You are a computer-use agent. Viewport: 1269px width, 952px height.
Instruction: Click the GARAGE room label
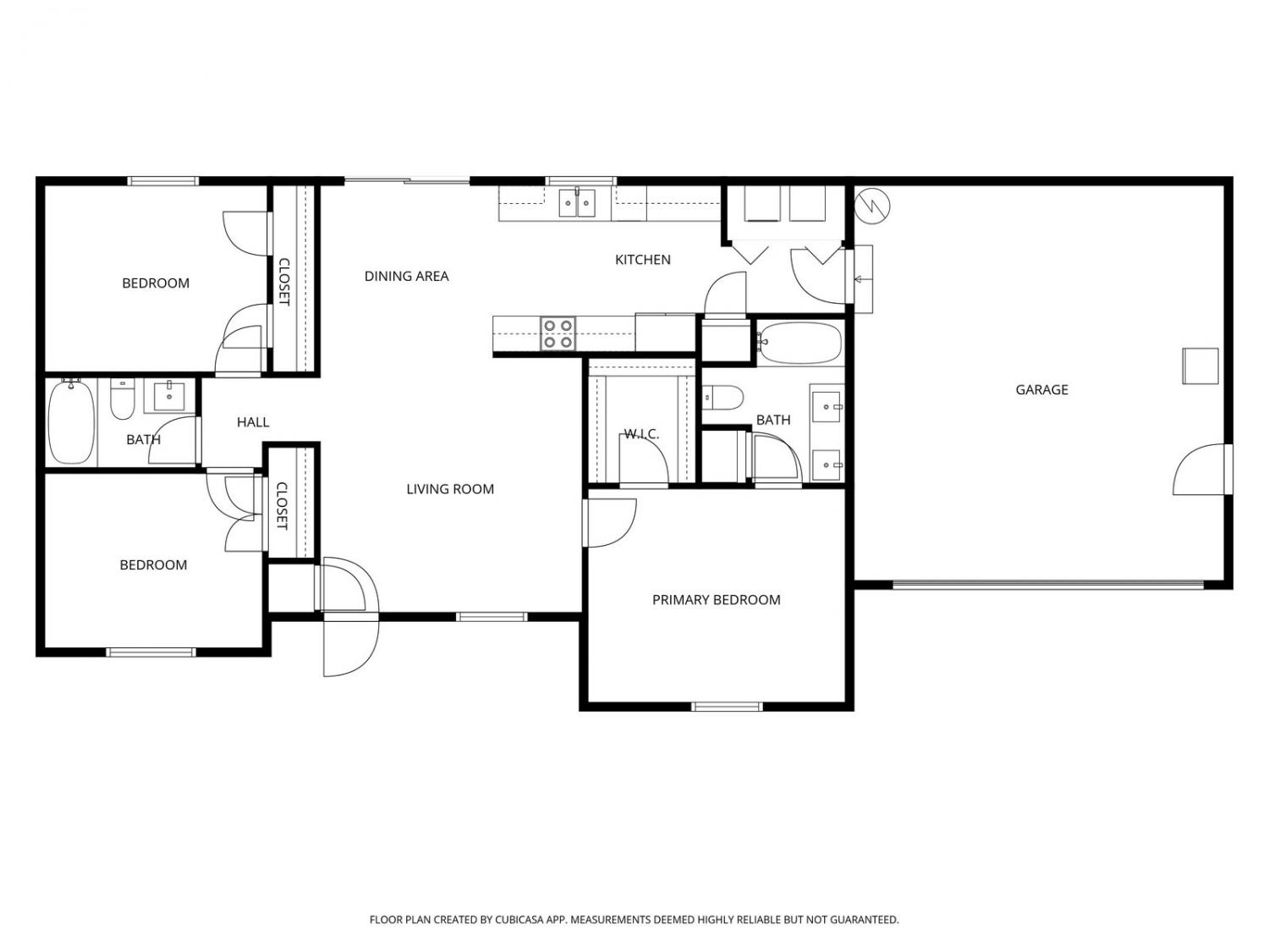click(x=1041, y=389)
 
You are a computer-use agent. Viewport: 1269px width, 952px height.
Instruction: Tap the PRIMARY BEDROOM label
click(x=716, y=600)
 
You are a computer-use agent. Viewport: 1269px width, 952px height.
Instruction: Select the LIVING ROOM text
click(x=450, y=489)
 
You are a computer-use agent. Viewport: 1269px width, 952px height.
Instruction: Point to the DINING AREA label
click(x=406, y=277)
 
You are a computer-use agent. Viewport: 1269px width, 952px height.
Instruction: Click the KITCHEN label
click(x=642, y=260)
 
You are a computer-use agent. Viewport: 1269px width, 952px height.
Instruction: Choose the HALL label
click(x=253, y=422)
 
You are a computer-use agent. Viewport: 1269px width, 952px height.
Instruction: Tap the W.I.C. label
click(x=641, y=434)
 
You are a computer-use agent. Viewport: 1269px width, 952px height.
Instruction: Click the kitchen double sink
click(x=577, y=202)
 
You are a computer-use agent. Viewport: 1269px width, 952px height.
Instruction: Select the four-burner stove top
click(x=558, y=334)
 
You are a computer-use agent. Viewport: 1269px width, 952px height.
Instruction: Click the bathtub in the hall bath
click(x=71, y=421)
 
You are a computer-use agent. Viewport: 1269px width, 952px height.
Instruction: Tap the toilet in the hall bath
click(x=122, y=399)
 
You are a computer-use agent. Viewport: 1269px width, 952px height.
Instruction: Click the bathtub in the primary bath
click(x=799, y=344)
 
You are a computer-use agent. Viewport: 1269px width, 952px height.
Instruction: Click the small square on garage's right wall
click(x=1200, y=366)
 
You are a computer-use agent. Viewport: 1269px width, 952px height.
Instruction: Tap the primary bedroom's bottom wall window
click(x=727, y=707)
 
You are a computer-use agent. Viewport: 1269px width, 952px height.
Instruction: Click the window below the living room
click(x=492, y=617)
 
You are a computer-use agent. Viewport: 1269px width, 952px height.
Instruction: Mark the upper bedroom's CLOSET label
click(x=284, y=282)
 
